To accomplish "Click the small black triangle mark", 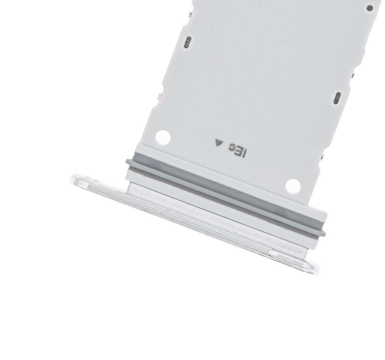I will point(218,144).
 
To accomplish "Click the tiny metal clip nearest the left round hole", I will point(160,96).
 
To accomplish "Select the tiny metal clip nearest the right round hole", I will point(324,156).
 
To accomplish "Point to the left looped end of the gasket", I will point(129,162).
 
